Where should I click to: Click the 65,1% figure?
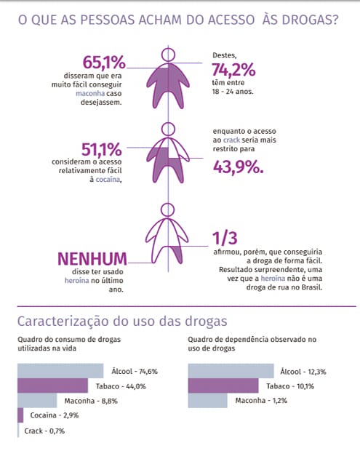(105, 63)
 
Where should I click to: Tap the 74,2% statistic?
(233, 70)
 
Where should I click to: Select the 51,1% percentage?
(102, 149)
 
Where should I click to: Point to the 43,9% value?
(238, 167)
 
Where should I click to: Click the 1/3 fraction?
(225, 238)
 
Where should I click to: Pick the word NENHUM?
(92, 259)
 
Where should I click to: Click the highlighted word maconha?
(90, 94)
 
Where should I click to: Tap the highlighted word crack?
(231, 140)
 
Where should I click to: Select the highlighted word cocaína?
(108, 179)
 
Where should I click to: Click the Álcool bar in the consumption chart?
(60, 371)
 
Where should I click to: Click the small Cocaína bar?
(20, 415)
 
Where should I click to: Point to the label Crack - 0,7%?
(44, 431)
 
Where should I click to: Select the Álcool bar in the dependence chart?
(231, 371)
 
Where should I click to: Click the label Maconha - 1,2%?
(261, 400)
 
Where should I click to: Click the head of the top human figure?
(168, 55)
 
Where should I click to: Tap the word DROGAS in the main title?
(310, 20)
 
